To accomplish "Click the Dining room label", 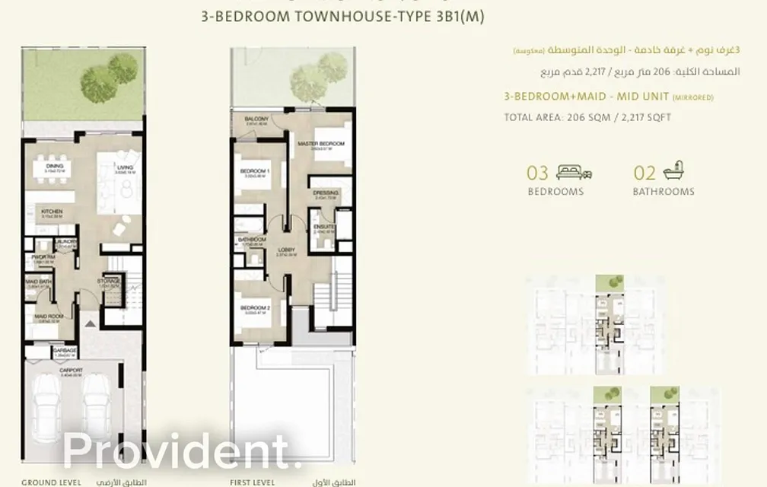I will [x=54, y=165].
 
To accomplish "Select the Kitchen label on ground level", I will [x=52, y=212].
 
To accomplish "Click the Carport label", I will [x=73, y=370].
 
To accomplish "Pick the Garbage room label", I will [x=65, y=351].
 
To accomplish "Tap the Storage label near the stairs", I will [x=109, y=281].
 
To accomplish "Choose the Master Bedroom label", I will [x=321, y=144].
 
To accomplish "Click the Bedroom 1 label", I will [x=250, y=171].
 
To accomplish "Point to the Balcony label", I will [x=256, y=119].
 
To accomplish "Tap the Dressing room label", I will [x=325, y=193].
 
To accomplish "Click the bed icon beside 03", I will [x=574, y=172].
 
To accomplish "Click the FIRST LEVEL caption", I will [x=253, y=482].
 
